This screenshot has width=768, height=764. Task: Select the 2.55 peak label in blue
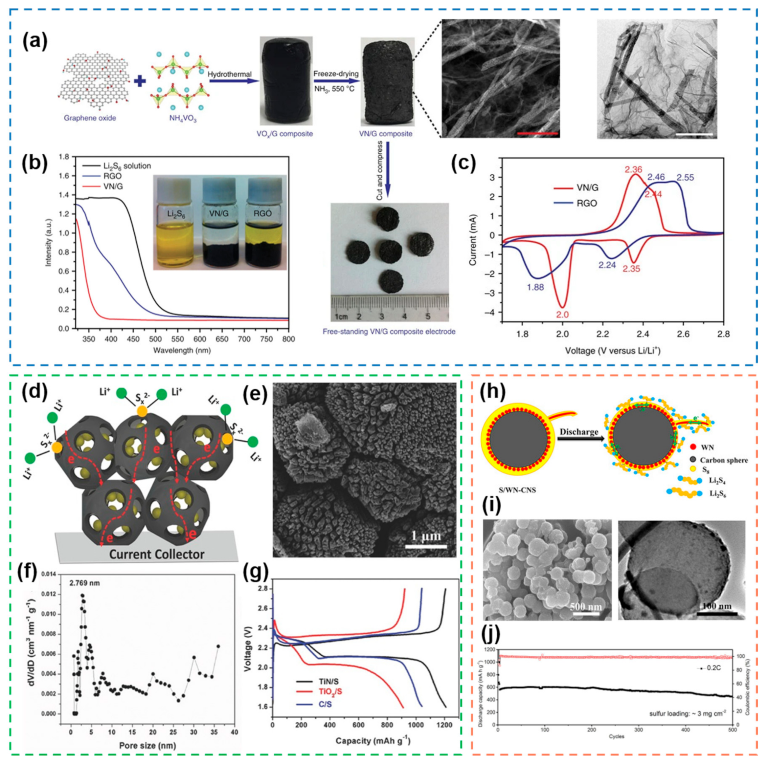[685, 177]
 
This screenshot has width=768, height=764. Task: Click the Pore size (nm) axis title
[148, 745]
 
